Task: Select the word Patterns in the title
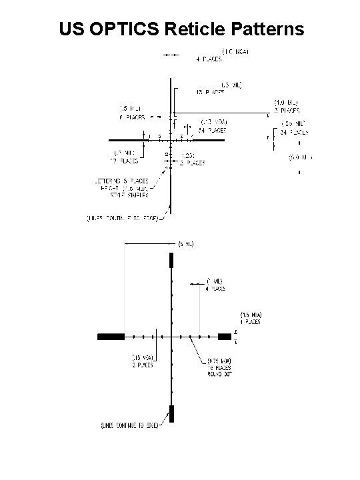[x=271, y=29]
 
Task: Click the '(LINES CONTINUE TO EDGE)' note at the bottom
[x=128, y=425]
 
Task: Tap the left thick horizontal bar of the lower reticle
[x=111, y=337]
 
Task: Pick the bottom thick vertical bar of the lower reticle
[x=171, y=413]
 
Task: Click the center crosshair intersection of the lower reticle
[x=171, y=337]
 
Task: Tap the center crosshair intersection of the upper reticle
[x=171, y=140]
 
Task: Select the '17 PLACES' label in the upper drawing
[x=125, y=161]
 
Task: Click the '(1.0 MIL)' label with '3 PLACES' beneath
[x=285, y=103]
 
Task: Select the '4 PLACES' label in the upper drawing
[x=209, y=58]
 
